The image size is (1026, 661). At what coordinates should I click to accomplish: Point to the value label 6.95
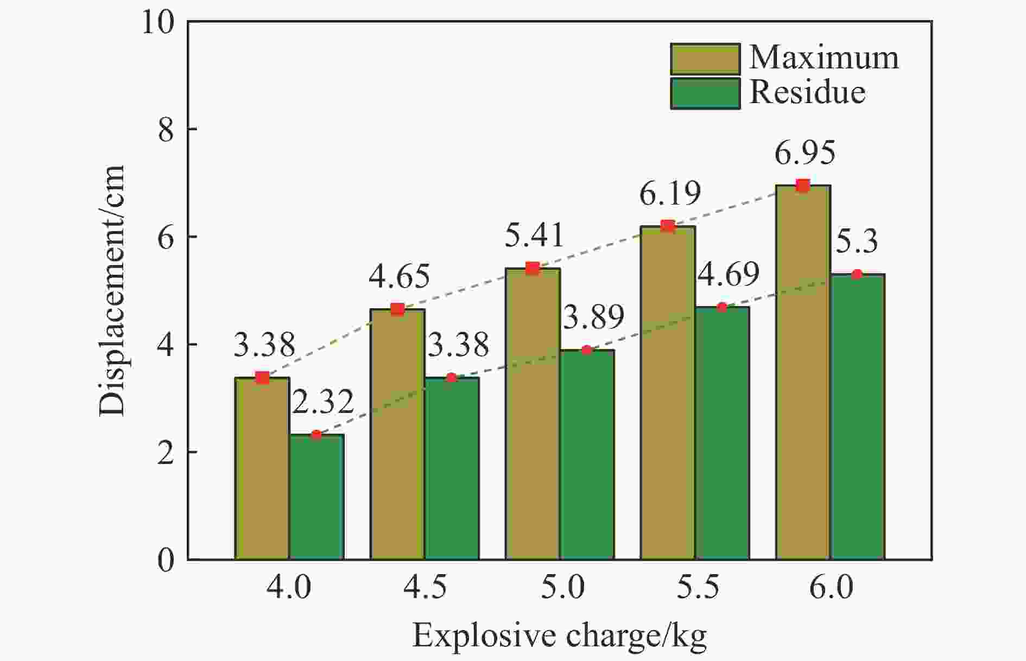click(x=805, y=154)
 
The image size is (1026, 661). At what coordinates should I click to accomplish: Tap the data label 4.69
click(x=728, y=275)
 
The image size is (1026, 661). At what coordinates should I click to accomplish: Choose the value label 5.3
click(x=856, y=241)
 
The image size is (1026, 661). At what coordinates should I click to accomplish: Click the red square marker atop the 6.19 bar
click(x=668, y=226)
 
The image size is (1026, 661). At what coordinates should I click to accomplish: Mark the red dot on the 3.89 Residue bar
click(x=586, y=350)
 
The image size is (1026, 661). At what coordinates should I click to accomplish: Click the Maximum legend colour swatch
click(x=705, y=59)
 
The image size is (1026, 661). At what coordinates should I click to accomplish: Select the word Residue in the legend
click(x=807, y=93)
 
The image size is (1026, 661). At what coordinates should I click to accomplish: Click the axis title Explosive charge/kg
click(x=559, y=636)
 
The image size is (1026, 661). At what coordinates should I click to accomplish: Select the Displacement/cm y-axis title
click(x=112, y=290)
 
